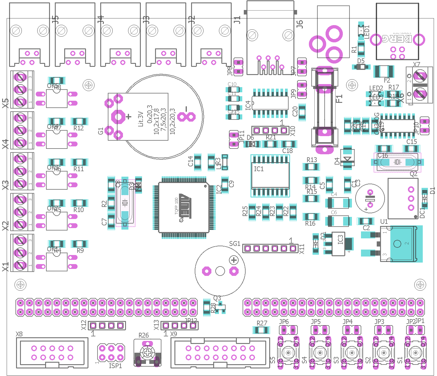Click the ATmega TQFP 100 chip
[184, 208]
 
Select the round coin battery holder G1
[164, 117]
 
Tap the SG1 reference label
[234, 244]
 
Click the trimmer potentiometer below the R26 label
[147, 353]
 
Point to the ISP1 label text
[115, 366]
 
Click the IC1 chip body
[270, 175]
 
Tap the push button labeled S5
[288, 353]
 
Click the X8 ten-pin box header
[52, 353]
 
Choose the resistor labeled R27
[261, 330]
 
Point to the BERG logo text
[397, 39]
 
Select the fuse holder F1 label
[339, 99]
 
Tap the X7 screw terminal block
[420, 85]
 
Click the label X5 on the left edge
[6, 103]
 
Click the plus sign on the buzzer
[234, 260]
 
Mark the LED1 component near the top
[361, 30]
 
